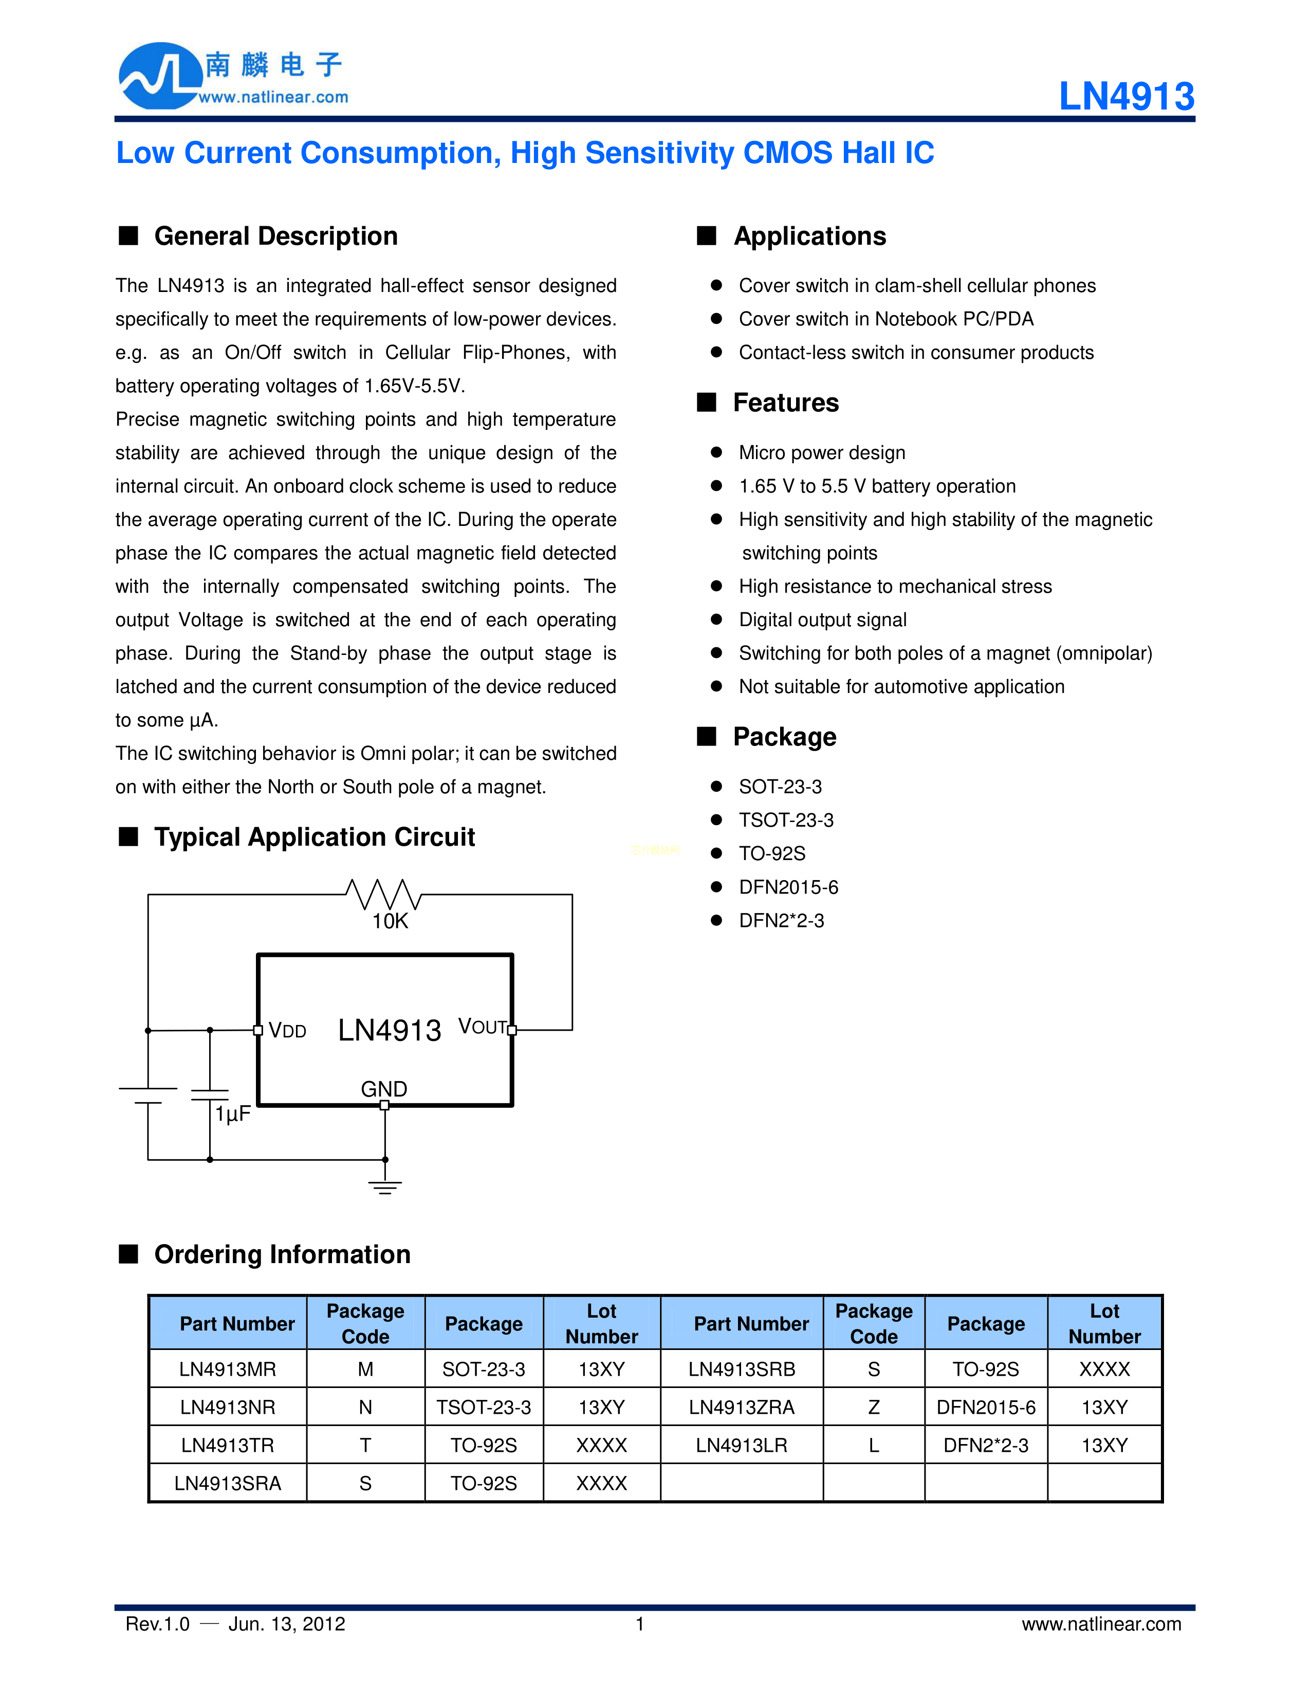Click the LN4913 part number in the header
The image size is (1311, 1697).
(x=1126, y=97)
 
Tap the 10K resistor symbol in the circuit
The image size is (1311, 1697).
(x=384, y=895)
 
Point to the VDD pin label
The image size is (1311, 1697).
(x=287, y=1031)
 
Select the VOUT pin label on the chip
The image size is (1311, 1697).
(x=482, y=1027)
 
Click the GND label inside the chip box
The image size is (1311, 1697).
(x=384, y=1089)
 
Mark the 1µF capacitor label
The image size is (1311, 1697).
(x=233, y=1114)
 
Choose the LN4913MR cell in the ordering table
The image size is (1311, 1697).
(x=228, y=1369)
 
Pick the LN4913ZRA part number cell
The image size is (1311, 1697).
(x=741, y=1407)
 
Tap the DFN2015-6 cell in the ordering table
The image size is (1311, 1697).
(x=986, y=1407)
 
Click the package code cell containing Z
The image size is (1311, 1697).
(x=874, y=1407)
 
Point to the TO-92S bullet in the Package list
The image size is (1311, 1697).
(x=772, y=854)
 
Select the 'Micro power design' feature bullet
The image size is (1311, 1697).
(x=822, y=453)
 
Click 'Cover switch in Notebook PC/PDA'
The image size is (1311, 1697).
(x=886, y=319)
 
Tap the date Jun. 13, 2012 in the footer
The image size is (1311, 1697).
(x=287, y=1624)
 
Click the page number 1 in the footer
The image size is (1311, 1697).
(x=640, y=1624)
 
